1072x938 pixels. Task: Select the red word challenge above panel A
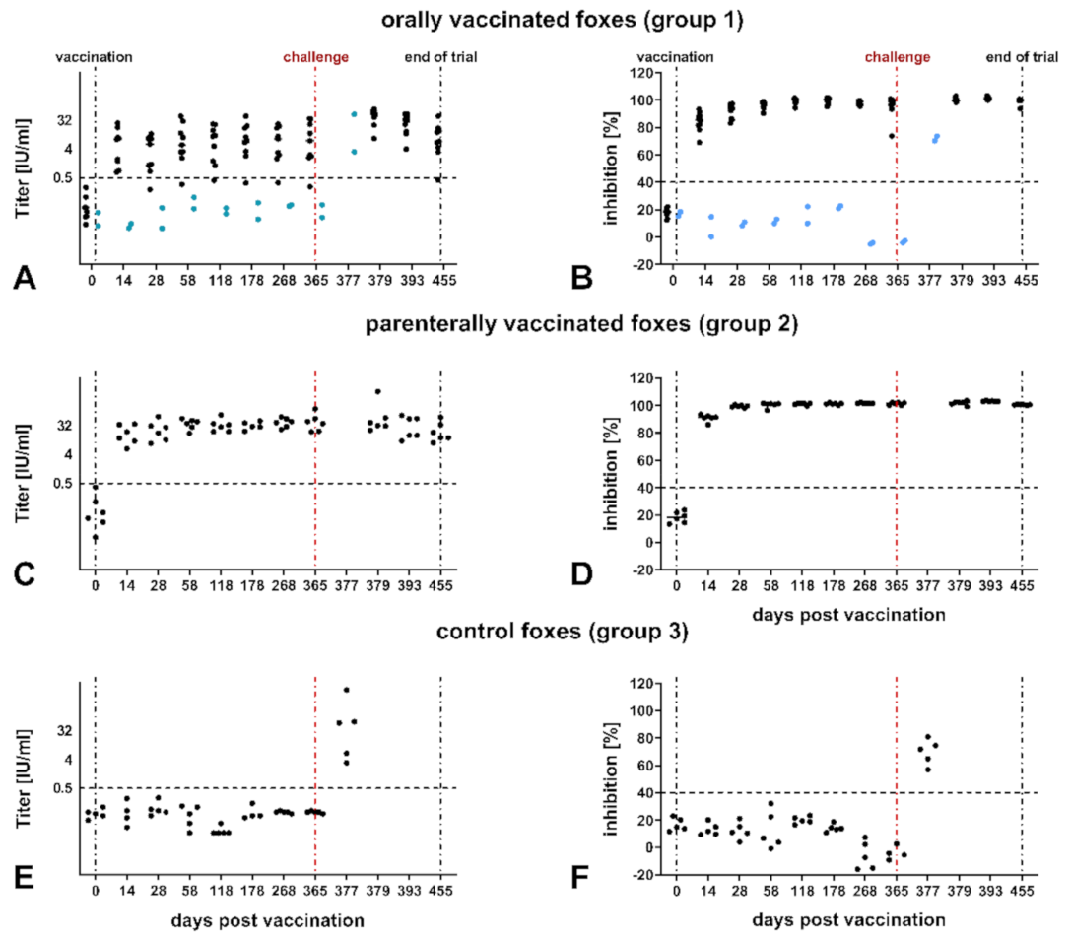point(315,57)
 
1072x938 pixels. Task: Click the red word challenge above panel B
point(897,57)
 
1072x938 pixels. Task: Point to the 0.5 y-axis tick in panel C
point(62,483)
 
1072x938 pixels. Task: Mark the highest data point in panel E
point(347,689)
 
